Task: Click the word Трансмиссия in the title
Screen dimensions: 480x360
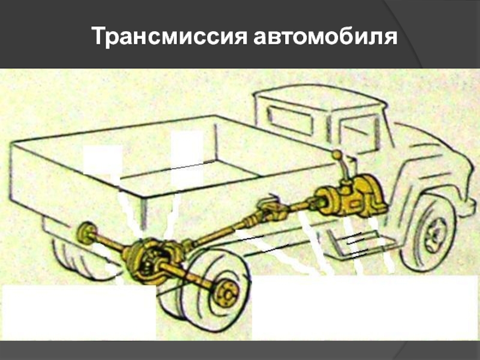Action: pyautogui.click(x=169, y=36)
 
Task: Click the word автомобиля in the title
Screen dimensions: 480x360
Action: pyautogui.click(x=325, y=36)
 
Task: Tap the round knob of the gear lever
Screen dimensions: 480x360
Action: pyautogui.click(x=338, y=155)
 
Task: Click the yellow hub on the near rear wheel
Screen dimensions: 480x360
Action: pyautogui.click(x=227, y=293)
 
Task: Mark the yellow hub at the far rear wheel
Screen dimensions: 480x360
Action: pyautogui.click(x=86, y=233)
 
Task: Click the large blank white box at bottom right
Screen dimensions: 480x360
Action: pyautogui.click(x=365, y=308)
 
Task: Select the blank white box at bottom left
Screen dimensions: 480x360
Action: pyautogui.click(x=79, y=312)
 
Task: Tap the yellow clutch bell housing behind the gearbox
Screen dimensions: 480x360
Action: pyautogui.click(x=328, y=200)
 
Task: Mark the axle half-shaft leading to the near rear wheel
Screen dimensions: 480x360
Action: pyautogui.click(x=187, y=274)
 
